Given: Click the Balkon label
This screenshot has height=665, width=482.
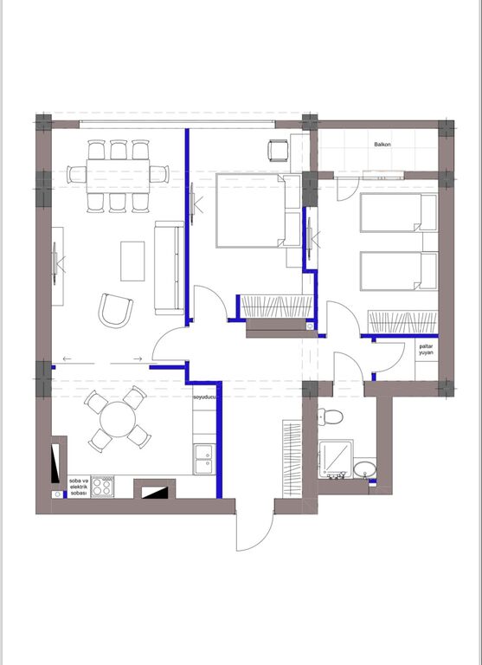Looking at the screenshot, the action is [382, 145].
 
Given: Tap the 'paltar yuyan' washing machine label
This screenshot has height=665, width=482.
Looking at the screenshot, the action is [426, 350].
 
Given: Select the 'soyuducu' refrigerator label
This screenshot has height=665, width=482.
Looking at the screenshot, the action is [205, 397].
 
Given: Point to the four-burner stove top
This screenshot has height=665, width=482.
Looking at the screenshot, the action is [103, 487].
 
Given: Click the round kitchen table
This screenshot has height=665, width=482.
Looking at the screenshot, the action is [118, 419].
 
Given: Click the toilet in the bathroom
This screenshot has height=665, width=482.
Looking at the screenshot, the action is [331, 416].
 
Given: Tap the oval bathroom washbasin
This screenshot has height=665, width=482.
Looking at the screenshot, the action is [364, 468].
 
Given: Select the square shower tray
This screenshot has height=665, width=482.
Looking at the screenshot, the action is [336, 458].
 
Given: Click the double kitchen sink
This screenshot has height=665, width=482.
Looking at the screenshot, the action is [204, 459].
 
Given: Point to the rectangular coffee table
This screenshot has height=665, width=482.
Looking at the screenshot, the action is [132, 261].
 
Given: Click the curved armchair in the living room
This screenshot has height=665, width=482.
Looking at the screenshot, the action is [115, 311].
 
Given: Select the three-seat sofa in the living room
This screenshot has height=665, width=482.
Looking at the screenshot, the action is [169, 268].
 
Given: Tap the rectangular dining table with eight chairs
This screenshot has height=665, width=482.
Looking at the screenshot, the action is [118, 176].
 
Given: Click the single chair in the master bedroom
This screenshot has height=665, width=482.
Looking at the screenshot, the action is [278, 151].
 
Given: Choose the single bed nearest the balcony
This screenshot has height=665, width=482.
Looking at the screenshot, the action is [399, 213].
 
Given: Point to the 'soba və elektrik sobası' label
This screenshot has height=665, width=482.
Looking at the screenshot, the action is [79, 487].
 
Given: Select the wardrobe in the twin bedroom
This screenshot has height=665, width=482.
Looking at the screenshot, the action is [402, 322].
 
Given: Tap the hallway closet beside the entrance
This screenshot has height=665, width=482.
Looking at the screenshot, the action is [292, 459].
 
